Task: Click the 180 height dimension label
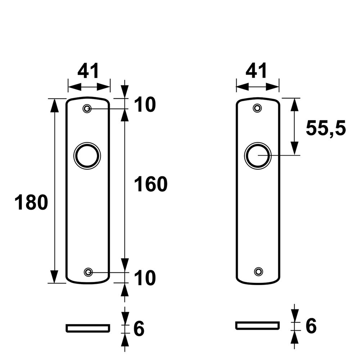click(x=31, y=202)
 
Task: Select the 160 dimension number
click(x=150, y=184)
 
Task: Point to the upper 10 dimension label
click(x=145, y=105)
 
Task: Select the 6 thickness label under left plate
click(x=139, y=328)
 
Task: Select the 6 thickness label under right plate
click(x=311, y=326)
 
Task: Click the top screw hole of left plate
click(x=87, y=108)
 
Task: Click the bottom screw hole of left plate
click(x=88, y=272)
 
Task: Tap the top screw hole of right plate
click(x=257, y=108)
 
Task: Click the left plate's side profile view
click(x=87, y=328)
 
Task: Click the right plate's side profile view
click(x=257, y=325)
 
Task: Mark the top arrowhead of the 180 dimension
click(x=54, y=104)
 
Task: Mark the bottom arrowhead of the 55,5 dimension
click(x=294, y=149)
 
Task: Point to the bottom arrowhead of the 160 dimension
click(x=125, y=265)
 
